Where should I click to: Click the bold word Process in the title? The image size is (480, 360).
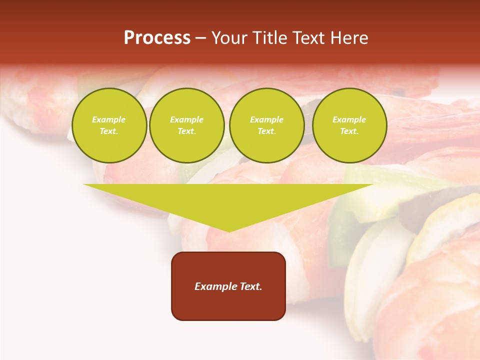(x=157, y=38)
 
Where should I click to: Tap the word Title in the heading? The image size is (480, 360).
(x=269, y=38)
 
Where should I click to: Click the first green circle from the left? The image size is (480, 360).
(x=109, y=125)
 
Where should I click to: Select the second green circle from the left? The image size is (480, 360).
(x=187, y=125)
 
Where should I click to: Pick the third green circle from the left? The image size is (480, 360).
(x=266, y=125)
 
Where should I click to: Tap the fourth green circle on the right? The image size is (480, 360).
(x=349, y=125)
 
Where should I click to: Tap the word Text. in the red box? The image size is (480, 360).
(x=250, y=286)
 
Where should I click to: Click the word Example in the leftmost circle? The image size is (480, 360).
(x=109, y=120)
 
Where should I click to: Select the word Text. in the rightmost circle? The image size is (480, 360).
(x=349, y=131)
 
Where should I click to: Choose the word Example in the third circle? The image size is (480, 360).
(x=266, y=120)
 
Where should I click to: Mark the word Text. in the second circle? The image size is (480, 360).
(x=187, y=131)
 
